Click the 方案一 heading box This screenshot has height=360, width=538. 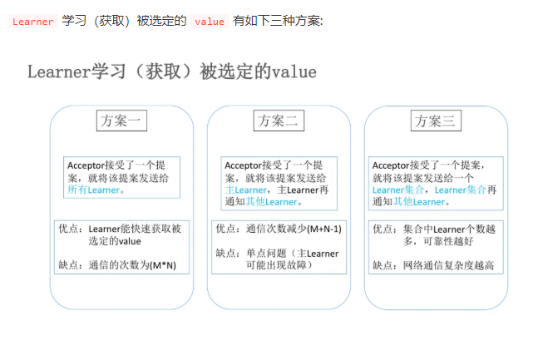[121, 121]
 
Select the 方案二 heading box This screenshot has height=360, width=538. [279, 121]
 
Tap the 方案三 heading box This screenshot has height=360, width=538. [435, 121]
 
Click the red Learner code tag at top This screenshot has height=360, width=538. [32, 22]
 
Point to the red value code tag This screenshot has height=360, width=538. [209, 22]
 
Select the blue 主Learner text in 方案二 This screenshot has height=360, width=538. [245, 190]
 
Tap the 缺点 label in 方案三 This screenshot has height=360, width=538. [383, 266]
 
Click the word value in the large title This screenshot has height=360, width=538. [294, 72]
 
